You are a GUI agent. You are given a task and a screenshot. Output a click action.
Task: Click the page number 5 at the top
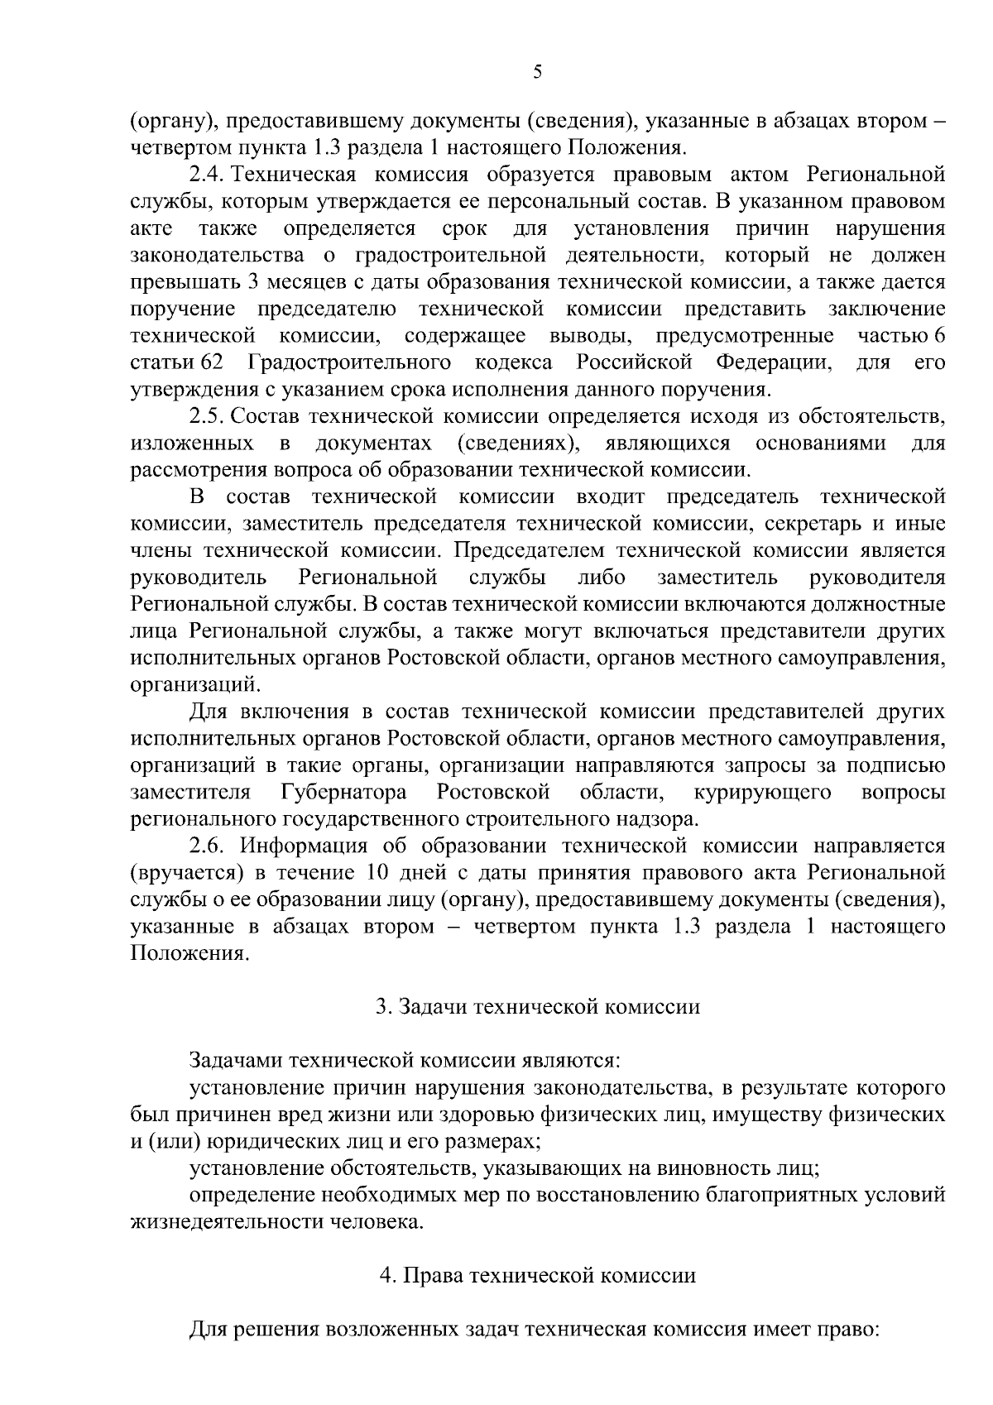[x=537, y=73]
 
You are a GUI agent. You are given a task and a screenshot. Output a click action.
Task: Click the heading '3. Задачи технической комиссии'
[x=538, y=1006]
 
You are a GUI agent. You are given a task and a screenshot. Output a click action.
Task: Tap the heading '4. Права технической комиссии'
[x=538, y=1275]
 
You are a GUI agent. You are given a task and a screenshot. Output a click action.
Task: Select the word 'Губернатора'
[x=343, y=792]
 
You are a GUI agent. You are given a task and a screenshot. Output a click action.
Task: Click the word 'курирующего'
[x=763, y=792]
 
